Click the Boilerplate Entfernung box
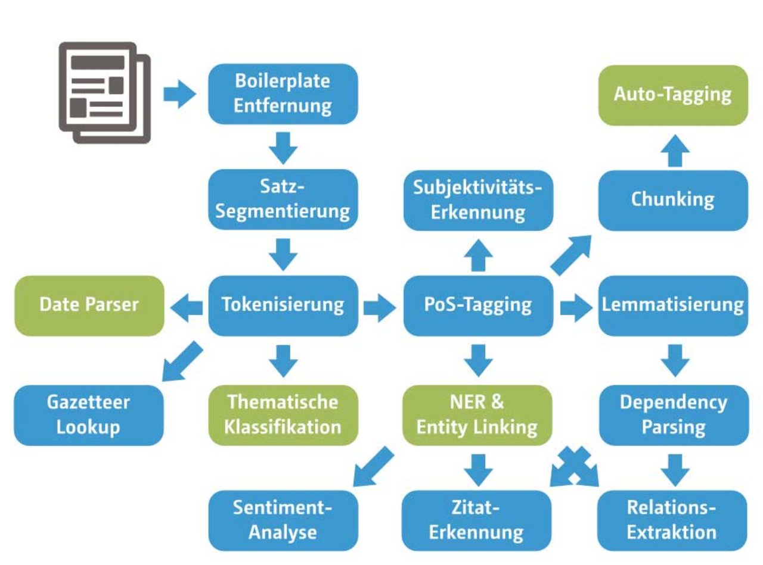(x=283, y=93)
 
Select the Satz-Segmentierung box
(x=283, y=199)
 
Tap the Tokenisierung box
(x=283, y=305)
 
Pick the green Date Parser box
(x=89, y=305)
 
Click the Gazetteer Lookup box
(x=89, y=415)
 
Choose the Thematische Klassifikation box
(x=283, y=415)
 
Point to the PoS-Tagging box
(x=478, y=305)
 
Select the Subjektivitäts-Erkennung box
(x=478, y=199)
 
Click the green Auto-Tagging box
(x=672, y=95)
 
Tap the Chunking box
(x=672, y=199)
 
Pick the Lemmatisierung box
(x=672, y=305)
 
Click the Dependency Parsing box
(x=672, y=415)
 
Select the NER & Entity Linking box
(x=478, y=415)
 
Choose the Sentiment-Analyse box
(x=283, y=520)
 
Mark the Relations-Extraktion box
(x=672, y=520)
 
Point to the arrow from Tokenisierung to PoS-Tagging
(x=380, y=306)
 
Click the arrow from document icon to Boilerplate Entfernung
(x=179, y=94)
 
